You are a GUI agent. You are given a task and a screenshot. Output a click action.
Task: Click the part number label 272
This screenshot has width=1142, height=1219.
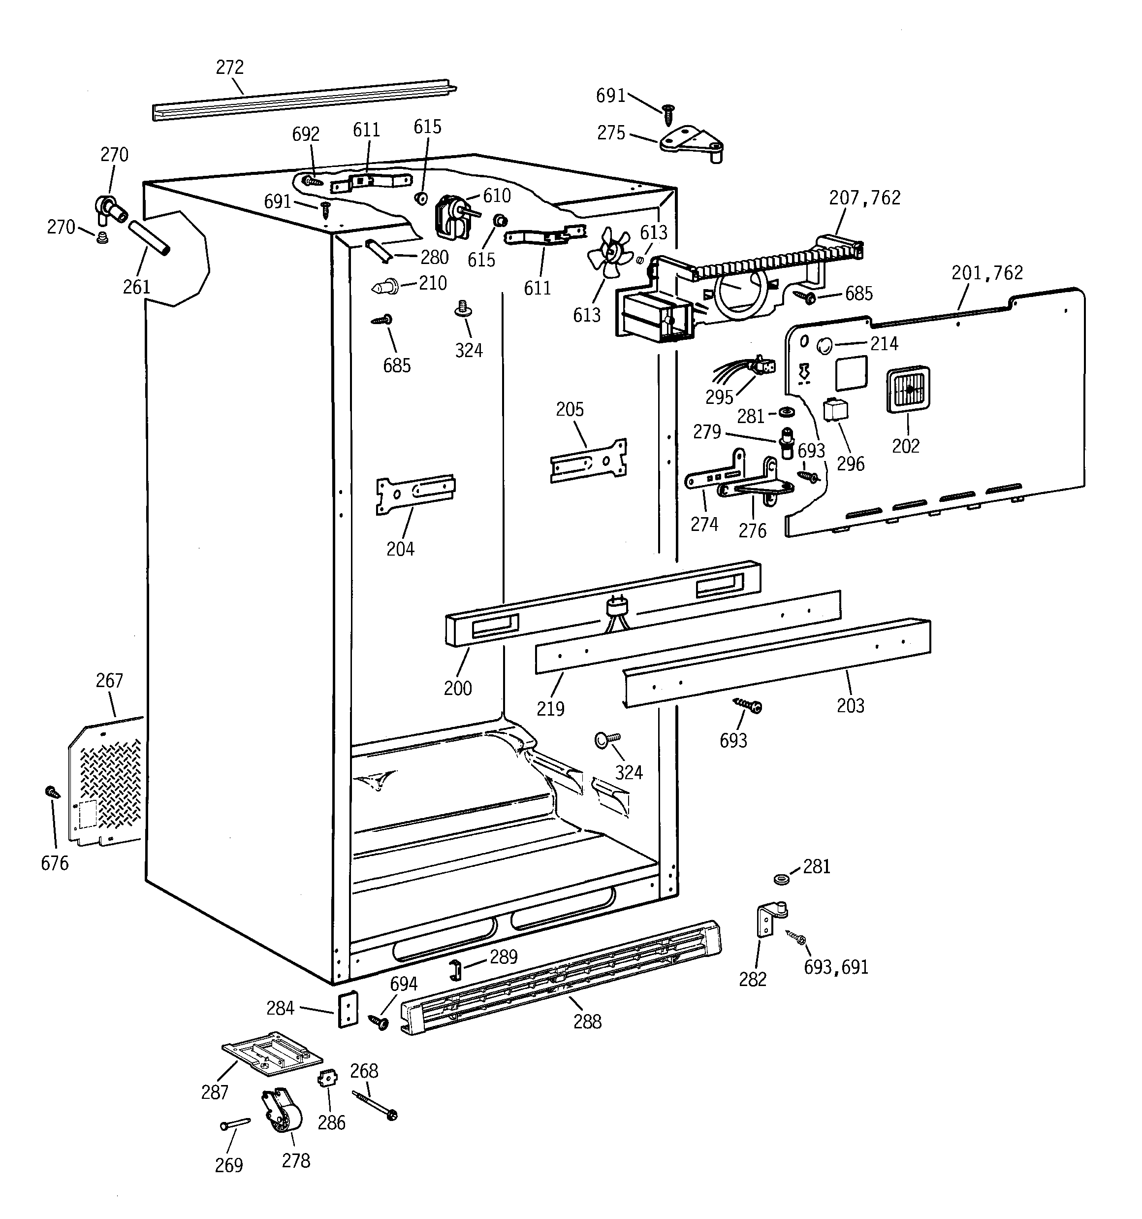point(230,67)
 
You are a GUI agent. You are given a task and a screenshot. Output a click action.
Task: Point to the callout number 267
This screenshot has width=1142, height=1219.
point(109,681)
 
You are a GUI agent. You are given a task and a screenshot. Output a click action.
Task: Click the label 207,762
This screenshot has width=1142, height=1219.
point(864,198)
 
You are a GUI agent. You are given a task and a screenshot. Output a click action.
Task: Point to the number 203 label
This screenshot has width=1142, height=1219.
point(850,706)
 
